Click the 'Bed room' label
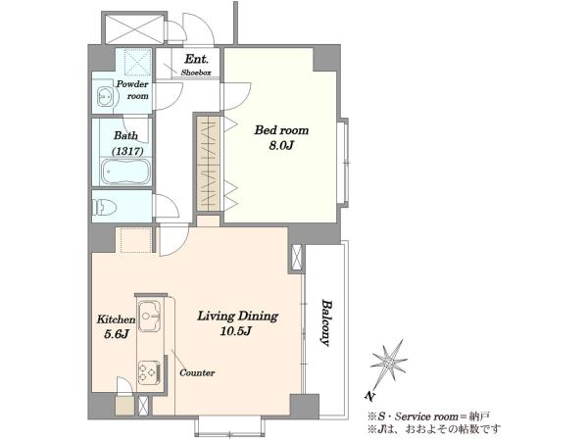click(281, 130)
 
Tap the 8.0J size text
click(281, 145)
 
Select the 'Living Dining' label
click(238, 317)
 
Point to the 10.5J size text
click(236, 331)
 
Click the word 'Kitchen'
click(116, 319)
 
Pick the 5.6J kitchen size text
click(117, 334)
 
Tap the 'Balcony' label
click(326, 322)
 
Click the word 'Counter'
click(197, 372)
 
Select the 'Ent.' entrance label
click(197, 59)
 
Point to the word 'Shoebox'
click(196, 73)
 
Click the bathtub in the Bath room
click(125, 171)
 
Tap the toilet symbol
click(104, 207)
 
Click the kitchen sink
click(150, 316)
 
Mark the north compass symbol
click(389, 363)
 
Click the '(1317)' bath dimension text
click(127, 151)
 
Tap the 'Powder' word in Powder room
click(132, 84)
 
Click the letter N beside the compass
click(369, 396)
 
